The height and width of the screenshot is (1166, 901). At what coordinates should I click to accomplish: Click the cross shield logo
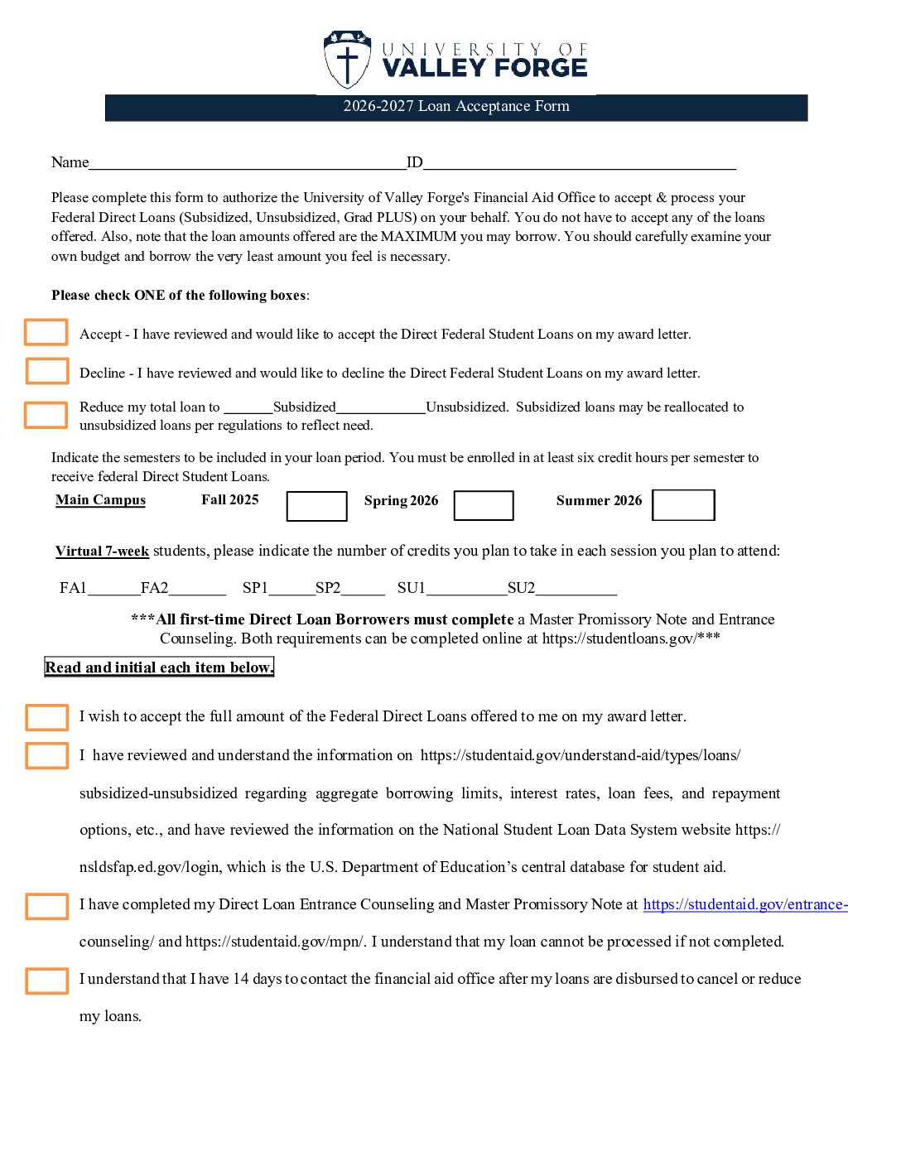point(347,60)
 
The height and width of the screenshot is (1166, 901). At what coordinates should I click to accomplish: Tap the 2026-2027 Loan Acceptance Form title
point(456,107)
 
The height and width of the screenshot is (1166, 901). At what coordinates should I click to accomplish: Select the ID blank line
point(579,163)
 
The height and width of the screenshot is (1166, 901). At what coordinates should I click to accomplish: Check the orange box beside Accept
point(46,332)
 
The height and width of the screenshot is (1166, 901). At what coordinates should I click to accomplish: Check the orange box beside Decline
point(47,371)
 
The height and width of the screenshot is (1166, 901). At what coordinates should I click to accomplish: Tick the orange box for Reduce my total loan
point(46,415)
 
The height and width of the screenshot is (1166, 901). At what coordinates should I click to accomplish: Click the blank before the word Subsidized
point(248,407)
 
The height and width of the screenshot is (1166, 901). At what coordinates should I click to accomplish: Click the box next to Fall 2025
point(316,506)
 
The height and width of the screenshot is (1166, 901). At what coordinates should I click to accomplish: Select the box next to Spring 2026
point(484,505)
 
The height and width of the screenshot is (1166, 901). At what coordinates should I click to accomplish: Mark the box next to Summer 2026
point(683,505)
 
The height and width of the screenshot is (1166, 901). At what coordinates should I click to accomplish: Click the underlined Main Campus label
point(100,500)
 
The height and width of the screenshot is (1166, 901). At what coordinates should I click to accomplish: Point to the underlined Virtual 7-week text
point(102,552)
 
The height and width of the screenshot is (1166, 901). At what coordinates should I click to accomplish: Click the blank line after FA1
point(113,590)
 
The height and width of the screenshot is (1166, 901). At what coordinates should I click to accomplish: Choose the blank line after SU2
point(576,590)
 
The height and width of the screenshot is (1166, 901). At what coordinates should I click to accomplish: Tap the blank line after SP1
point(291,590)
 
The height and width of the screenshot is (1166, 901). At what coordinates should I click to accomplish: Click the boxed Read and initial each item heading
point(159,667)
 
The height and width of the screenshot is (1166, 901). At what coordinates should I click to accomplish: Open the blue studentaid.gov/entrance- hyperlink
point(745,905)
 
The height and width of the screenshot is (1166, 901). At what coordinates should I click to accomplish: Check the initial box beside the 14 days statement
point(47,980)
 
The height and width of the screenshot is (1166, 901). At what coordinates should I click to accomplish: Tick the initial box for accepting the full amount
point(47,717)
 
